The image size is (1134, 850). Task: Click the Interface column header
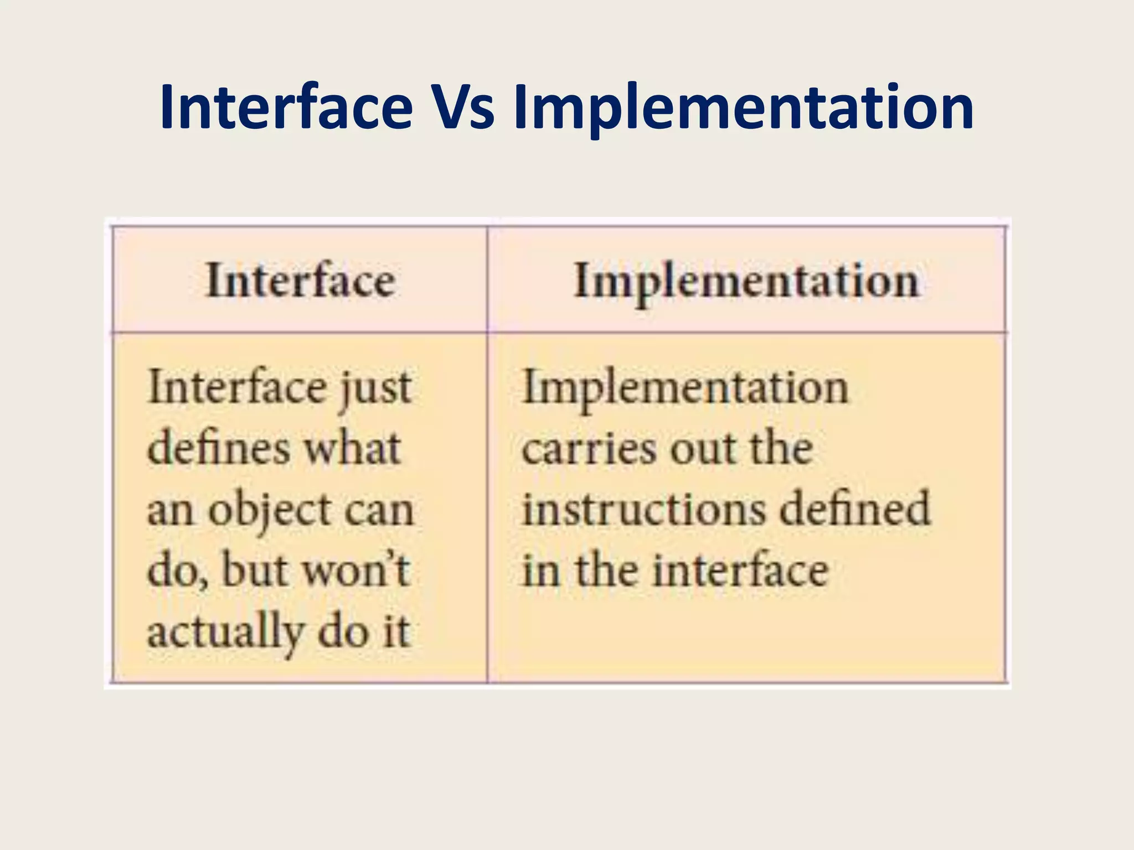[x=301, y=281]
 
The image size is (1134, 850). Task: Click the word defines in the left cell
[x=219, y=448]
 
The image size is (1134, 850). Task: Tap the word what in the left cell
[x=353, y=448]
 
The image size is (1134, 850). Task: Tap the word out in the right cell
[x=702, y=448]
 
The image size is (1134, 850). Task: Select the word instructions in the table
[x=644, y=509]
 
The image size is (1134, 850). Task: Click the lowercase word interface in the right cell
[x=740, y=570]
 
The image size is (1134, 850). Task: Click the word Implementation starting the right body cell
[x=685, y=387]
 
